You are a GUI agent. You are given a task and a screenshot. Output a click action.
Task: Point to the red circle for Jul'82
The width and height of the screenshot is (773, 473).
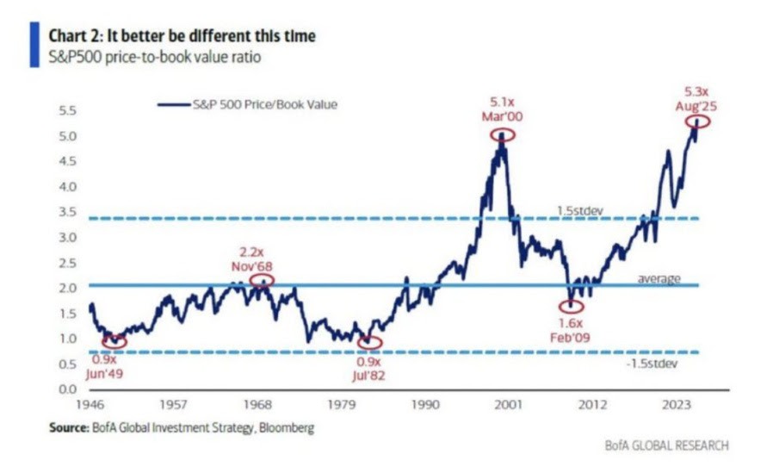370,342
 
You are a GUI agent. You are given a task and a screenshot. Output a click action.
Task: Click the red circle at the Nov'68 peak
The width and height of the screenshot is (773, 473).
262,279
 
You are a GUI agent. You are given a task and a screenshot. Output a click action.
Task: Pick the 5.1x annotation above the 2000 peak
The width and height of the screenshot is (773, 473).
503,101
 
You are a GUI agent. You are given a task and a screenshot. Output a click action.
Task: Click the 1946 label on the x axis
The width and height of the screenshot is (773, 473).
91,403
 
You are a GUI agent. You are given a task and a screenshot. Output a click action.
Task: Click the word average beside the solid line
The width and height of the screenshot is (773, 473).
659,278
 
